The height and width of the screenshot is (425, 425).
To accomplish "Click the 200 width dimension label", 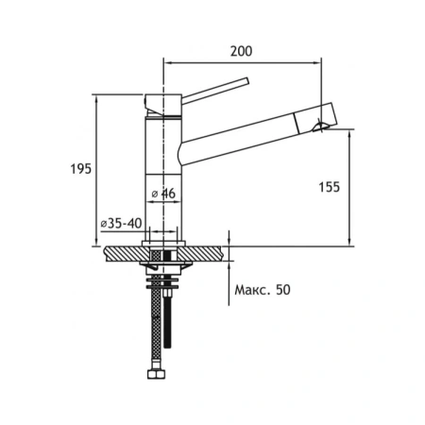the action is coord(241,51).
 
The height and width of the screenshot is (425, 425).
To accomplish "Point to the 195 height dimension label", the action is coord(80,169).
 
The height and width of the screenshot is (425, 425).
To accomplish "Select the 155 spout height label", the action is coord(330,187).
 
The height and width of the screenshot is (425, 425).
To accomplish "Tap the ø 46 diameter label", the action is coord(163,194).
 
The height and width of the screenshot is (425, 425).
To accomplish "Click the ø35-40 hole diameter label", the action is coord(121,223).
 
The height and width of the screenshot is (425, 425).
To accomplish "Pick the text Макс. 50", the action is coord(263,290).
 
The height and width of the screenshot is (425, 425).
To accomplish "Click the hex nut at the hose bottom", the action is coord(156,374).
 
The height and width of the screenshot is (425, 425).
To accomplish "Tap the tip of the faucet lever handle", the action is coord(246,81).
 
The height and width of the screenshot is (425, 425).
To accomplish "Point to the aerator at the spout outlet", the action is coord(320,127).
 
